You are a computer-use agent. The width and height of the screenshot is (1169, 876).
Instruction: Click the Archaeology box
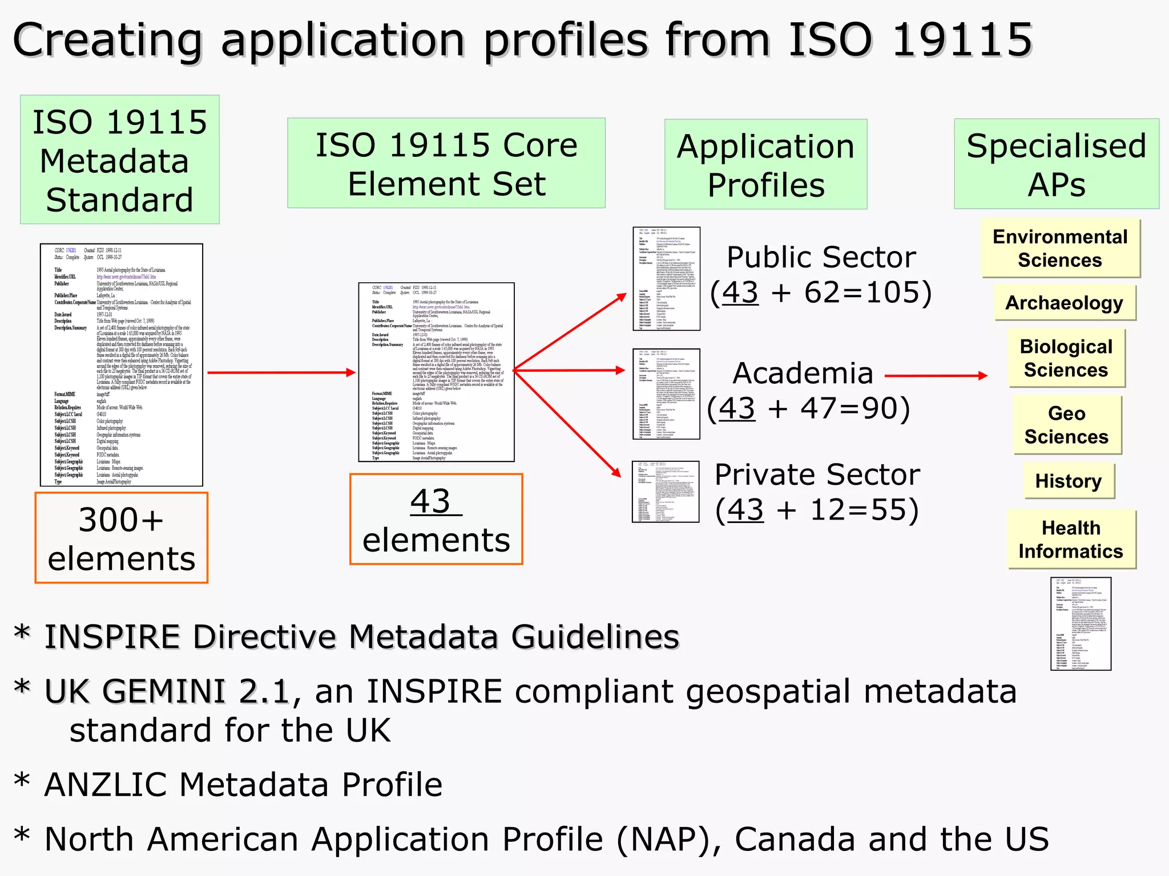click(1064, 303)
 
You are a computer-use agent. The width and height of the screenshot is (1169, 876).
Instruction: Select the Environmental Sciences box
click(1060, 248)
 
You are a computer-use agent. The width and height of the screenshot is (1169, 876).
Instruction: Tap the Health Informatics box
click(1071, 540)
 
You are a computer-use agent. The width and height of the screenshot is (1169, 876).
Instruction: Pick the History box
click(1069, 481)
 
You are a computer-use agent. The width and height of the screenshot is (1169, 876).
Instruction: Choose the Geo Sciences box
click(1066, 425)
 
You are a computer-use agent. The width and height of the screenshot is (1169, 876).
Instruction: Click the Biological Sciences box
click(1066, 358)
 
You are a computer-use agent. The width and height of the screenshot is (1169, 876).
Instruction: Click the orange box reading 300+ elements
click(121, 538)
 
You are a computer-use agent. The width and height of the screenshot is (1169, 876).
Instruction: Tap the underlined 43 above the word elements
click(432, 502)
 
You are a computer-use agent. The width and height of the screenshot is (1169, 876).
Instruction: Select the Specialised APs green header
click(1056, 164)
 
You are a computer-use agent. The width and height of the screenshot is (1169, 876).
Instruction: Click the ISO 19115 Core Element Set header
click(446, 164)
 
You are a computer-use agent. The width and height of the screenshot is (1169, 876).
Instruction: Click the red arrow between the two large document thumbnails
click(281, 372)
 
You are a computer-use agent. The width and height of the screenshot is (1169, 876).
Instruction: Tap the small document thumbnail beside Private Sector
click(665, 492)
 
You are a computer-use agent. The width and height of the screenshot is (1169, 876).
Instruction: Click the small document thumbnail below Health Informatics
click(1081, 623)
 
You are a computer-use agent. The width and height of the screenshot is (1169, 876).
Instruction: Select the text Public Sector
click(821, 257)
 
